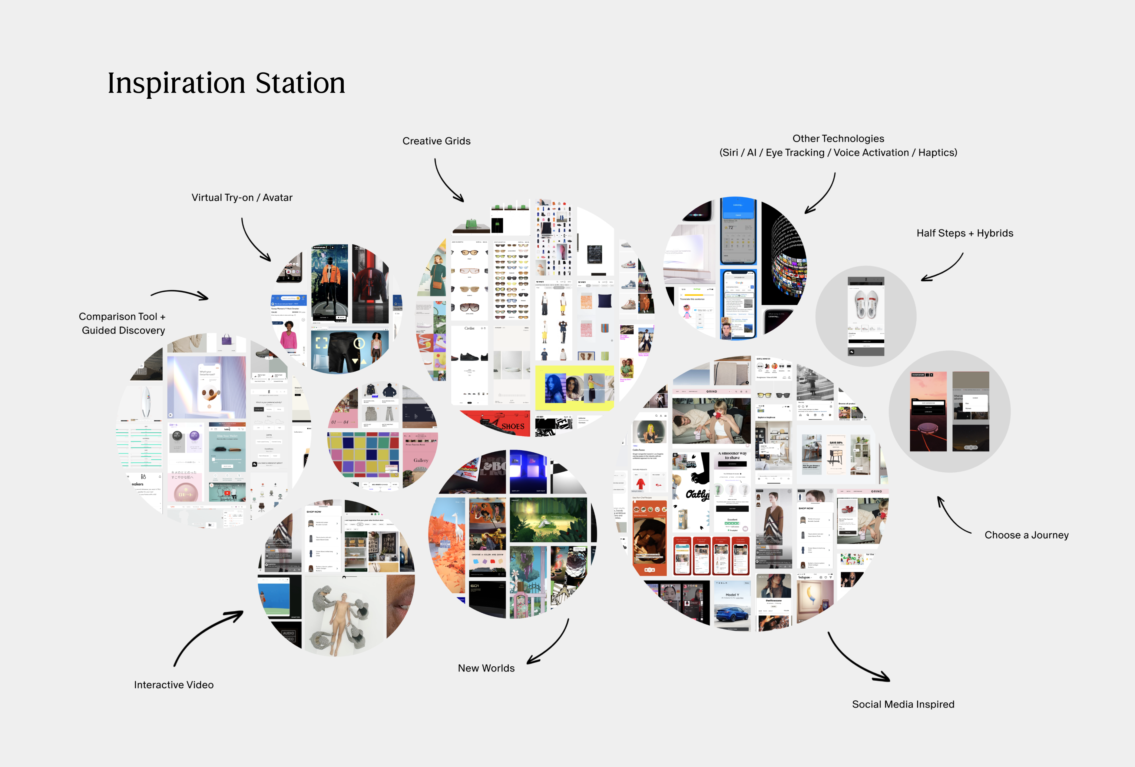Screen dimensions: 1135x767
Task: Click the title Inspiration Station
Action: pyautogui.click(x=226, y=83)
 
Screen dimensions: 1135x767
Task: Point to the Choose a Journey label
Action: pyautogui.click(x=1026, y=535)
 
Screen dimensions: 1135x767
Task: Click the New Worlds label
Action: pyautogui.click(x=486, y=668)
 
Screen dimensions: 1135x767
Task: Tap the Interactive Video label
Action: pyautogui.click(x=174, y=685)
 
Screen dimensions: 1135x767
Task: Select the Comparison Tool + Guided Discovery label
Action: pyautogui.click(x=123, y=323)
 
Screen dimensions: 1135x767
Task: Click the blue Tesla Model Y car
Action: pyautogui.click(x=731, y=614)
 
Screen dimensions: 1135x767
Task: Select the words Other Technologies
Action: pyautogui.click(x=838, y=139)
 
